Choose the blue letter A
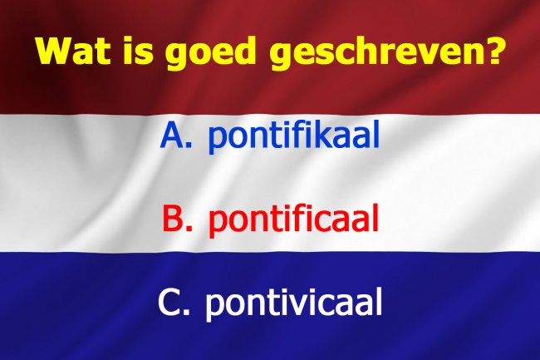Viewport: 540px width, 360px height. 172,135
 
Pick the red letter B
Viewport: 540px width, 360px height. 174,219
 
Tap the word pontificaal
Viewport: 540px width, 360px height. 293,220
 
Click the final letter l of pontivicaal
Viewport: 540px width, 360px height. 379,302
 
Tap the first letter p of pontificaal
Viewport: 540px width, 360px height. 218,224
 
